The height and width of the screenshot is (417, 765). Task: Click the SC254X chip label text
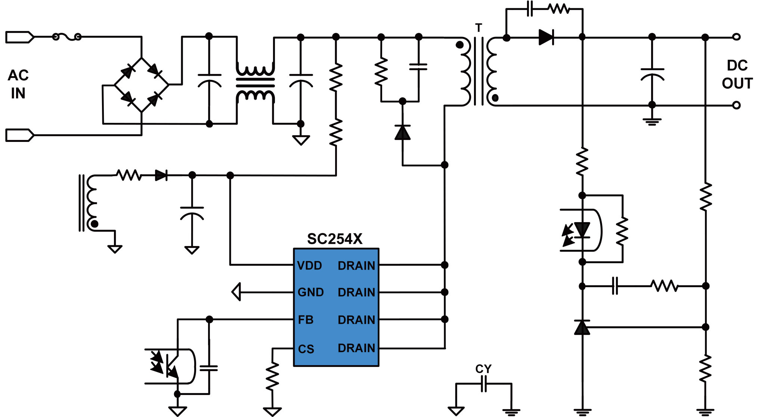coord(335,239)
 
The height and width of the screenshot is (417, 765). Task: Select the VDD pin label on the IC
coord(309,265)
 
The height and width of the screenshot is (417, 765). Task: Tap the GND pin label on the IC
coord(310,292)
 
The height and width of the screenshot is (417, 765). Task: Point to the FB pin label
coord(305,320)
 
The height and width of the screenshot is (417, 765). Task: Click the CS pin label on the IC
coord(306,349)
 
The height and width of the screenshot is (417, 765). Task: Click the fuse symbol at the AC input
coord(66,37)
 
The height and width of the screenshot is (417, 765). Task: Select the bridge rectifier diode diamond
coord(142,85)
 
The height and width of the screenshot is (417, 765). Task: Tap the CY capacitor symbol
coord(484,384)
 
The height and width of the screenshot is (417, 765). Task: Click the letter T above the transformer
coord(478,28)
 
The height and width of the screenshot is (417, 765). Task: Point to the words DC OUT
coord(737,74)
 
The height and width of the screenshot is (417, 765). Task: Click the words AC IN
coord(18,84)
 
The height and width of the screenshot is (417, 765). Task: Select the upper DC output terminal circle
coord(736,37)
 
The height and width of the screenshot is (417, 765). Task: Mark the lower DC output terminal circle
coord(736,105)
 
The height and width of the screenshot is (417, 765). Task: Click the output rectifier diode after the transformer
coord(546,37)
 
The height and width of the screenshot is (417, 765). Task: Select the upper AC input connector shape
coord(20,37)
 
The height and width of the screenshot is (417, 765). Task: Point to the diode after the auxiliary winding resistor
coord(161,175)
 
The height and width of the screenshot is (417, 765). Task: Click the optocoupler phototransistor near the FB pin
coord(170,366)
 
